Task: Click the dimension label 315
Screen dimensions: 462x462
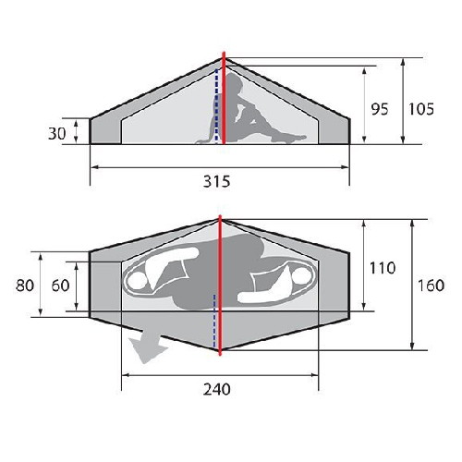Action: [216, 182]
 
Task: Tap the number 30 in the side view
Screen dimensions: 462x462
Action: [57, 134]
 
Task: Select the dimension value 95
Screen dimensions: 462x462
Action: [380, 109]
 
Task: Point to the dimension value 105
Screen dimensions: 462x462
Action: [421, 109]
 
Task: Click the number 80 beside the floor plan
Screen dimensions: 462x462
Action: [25, 286]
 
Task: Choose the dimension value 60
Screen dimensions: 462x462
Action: [60, 286]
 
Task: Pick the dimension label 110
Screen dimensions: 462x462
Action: [383, 268]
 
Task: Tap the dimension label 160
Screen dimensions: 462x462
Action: [431, 286]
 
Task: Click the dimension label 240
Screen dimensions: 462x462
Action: [216, 389]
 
